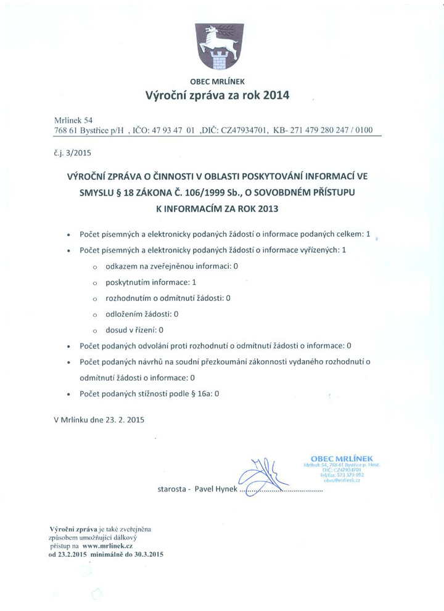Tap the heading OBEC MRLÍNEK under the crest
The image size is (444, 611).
click(217, 81)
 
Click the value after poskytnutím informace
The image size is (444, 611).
click(194, 282)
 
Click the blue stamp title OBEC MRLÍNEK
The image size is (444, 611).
click(342, 458)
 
